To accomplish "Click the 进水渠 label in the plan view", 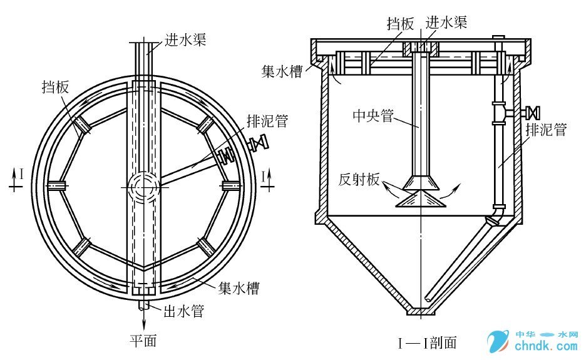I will point(185,41).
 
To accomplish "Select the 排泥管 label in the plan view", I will point(268,120).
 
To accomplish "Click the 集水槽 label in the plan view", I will point(239,289).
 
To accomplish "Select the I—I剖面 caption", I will point(427,342).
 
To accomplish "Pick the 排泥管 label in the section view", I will point(546,130).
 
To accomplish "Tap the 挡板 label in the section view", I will point(401,24).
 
